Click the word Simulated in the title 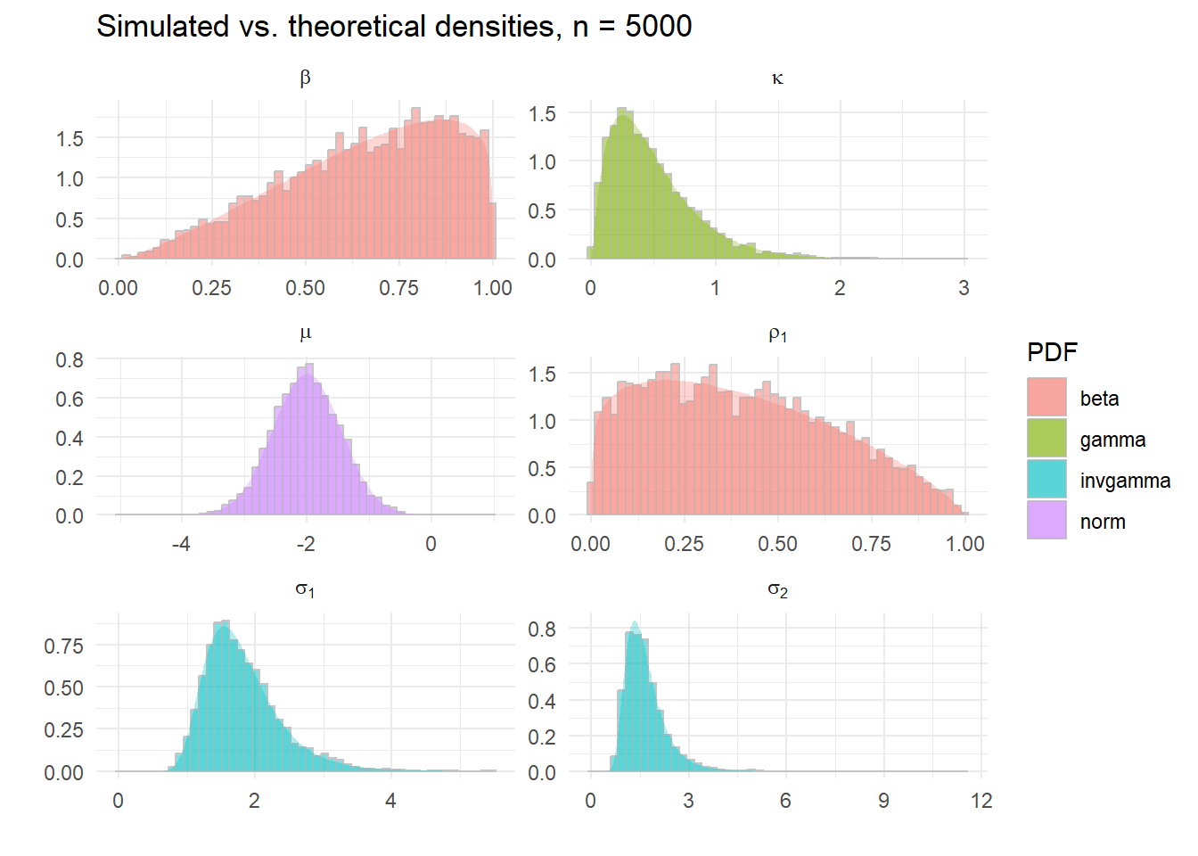(x=162, y=27)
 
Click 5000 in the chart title (x=658, y=27)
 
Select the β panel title (x=305, y=78)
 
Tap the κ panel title (x=777, y=78)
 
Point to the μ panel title (x=305, y=334)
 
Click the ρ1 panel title (x=777, y=334)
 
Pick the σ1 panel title (x=305, y=589)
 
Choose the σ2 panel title (x=777, y=589)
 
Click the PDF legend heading (x=1052, y=352)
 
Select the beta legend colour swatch (x=1046, y=398)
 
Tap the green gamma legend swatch (x=1046, y=439)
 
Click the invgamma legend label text (x=1125, y=481)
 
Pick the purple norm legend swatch (x=1046, y=521)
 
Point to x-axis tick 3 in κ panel (x=964, y=288)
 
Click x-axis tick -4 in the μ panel (x=181, y=544)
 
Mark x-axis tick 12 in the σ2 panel (x=981, y=801)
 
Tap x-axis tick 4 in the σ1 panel (x=390, y=801)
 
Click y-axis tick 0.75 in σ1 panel (x=63, y=646)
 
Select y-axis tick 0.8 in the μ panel (x=70, y=360)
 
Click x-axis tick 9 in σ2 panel (x=883, y=801)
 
